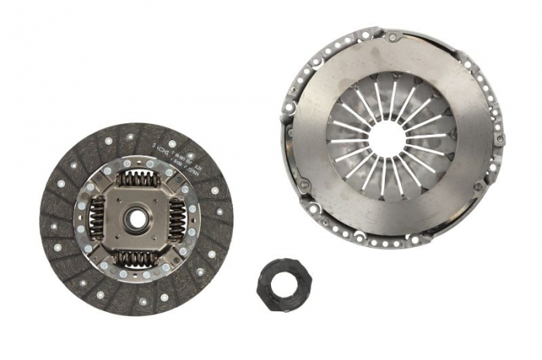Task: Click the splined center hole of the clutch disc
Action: pyautogui.click(x=136, y=218)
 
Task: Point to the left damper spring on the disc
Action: pyautogui.click(x=98, y=218)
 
